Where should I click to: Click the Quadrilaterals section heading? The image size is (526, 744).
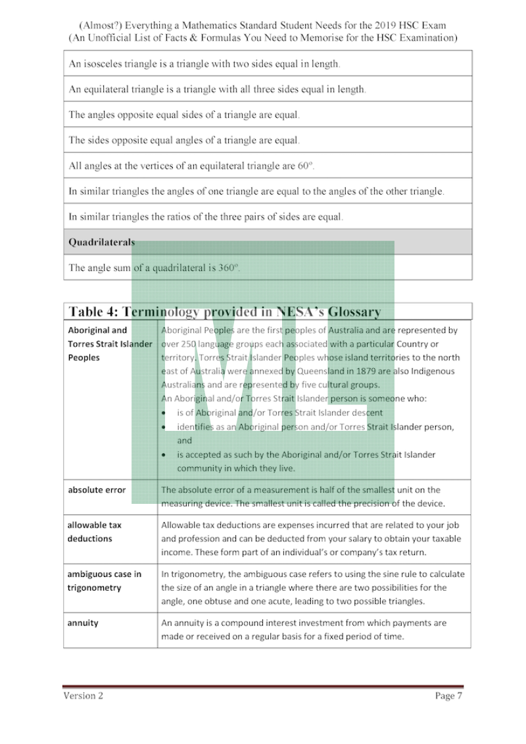(x=102, y=242)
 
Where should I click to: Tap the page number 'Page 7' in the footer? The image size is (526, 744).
(x=448, y=696)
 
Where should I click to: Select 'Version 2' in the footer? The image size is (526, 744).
(x=84, y=696)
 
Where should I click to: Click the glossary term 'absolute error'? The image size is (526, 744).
(x=97, y=490)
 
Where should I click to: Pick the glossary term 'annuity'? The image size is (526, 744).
(x=83, y=623)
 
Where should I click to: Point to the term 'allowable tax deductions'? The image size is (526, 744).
(x=95, y=532)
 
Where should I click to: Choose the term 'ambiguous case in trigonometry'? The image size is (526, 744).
(x=105, y=581)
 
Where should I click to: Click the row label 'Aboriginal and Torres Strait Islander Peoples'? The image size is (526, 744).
(x=110, y=344)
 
